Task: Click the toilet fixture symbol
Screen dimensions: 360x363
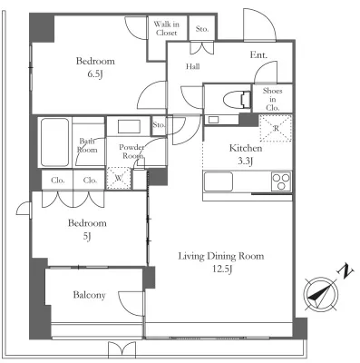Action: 238,99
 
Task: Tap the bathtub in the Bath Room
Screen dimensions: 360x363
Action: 54,142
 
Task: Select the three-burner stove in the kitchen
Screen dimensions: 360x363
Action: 281,181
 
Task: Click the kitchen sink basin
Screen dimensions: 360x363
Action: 219,181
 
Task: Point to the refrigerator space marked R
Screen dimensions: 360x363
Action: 276,128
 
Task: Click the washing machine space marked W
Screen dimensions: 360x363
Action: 119,178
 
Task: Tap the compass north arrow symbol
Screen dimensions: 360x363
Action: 321,293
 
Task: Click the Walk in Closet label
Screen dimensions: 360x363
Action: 167,28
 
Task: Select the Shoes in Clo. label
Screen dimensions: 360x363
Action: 273,99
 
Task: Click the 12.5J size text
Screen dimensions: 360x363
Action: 222,269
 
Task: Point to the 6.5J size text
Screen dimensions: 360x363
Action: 95,74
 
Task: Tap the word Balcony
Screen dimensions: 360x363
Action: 90,295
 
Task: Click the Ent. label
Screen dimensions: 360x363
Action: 258,55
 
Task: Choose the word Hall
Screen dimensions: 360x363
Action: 192,66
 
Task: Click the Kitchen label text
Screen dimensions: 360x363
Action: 246,148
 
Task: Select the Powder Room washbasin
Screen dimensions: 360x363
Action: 129,126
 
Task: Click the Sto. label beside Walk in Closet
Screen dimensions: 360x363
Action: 202,29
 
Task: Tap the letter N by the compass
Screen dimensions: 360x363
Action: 345,271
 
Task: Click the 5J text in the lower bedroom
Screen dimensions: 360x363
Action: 87,236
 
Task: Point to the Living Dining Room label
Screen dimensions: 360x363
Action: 221,256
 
